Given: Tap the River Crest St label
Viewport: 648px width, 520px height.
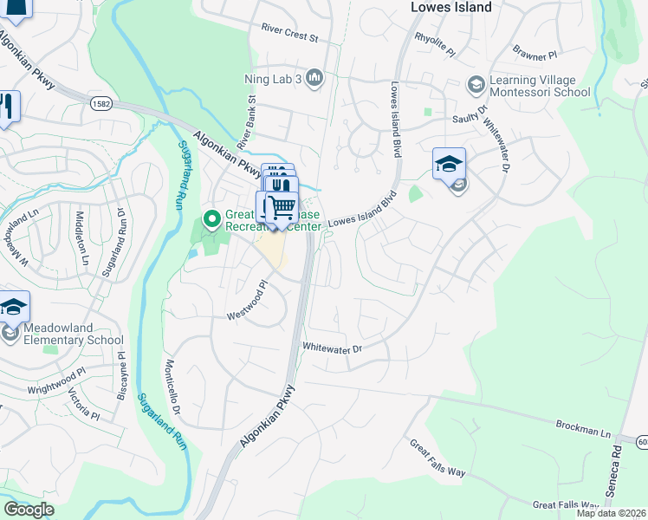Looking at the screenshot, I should [x=290, y=33].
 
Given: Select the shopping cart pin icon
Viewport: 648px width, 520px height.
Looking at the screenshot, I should [x=281, y=206].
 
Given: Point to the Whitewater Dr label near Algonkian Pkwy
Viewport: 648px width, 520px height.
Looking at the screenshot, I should [x=331, y=347].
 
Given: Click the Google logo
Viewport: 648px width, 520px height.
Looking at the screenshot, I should [x=28, y=510].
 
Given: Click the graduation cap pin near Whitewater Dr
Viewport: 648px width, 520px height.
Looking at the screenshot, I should [x=449, y=163].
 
